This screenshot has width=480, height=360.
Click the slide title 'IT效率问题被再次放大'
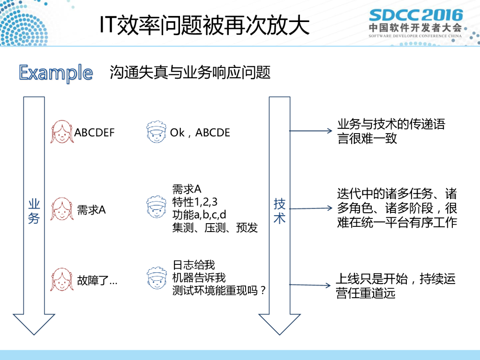click(x=204, y=26)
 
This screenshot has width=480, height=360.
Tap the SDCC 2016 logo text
click(x=415, y=15)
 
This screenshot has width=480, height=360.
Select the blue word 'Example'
click(x=56, y=73)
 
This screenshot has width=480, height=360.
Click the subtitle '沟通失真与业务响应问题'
click(x=190, y=73)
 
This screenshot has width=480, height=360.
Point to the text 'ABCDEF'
click(x=94, y=133)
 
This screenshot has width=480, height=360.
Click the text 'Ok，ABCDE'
click(x=200, y=133)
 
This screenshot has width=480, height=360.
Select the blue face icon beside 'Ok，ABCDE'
click(x=156, y=132)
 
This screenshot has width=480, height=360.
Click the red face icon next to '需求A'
click(x=61, y=210)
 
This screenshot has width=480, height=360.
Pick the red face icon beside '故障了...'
click(x=61, y=280)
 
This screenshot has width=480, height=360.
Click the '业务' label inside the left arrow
click(x=34, y=211)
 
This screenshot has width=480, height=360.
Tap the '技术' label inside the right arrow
click(x=280, y=211)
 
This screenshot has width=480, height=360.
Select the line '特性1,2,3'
click(x=195, y=202)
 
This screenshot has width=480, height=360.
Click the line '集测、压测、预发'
click(x=215, y=228)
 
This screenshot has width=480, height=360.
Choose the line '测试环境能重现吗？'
click(x=219, y=291)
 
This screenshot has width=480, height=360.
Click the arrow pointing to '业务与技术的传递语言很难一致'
click(x=311, y=131)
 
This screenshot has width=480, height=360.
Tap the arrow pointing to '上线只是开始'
click(x=311, y=285)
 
